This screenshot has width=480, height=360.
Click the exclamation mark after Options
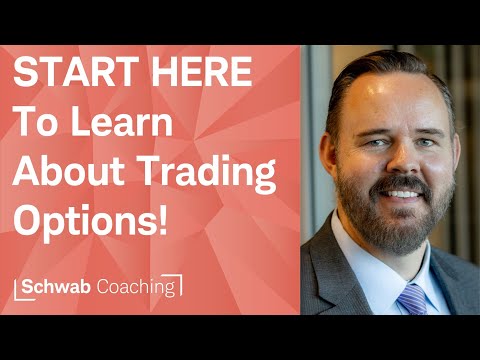coord(162,223)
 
